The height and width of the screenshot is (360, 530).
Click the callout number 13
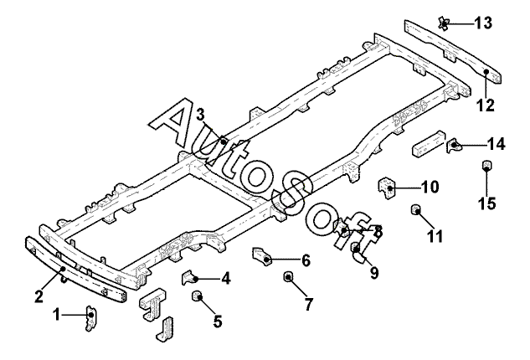pyautogui.click(x=483, y=23)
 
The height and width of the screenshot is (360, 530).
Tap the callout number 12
pyautogui.click(x=486, y=105)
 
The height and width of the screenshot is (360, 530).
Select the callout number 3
pyautogui.click(x=200, y=115)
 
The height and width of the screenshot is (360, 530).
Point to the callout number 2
pyautogui.click(x=39, y=296)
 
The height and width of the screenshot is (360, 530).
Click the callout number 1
pyautogui.click(x=57, y=315)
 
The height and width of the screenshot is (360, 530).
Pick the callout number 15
pyautogui.click(x=486, y=203)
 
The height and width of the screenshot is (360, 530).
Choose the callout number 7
pyautogui.click(x=309, y=304)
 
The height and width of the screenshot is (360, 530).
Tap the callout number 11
pyautogui.click(x=435, y=236)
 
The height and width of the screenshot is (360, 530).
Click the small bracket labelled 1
pyautogui.click(x=90, y=318)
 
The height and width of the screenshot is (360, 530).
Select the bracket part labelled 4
pyautogui.click(x=189, y=277)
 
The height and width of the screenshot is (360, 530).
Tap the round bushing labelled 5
pyautogui.click(x=197, y=296)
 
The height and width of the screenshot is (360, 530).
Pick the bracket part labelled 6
pyautogui.click(x=261, y=257)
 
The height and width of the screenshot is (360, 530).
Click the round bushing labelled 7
pyautogui.click(x=288, y=276)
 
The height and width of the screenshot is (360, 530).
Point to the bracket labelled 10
pyautogui.click(x=386, y=188)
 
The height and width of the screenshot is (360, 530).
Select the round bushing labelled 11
pyautogui.click(x=415, y=210)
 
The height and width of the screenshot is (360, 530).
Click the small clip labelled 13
pyautogui.click(x=444, y=23)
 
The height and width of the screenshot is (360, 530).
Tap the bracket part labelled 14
pyautogui.click(x=454, y=146)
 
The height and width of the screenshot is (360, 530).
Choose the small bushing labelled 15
pyautogui.click(x=486, y=165)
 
